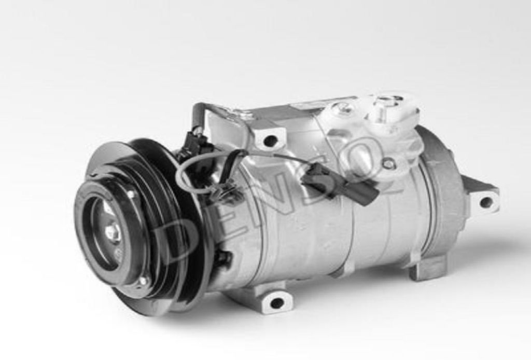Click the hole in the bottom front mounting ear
277,303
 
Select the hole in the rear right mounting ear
486,202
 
